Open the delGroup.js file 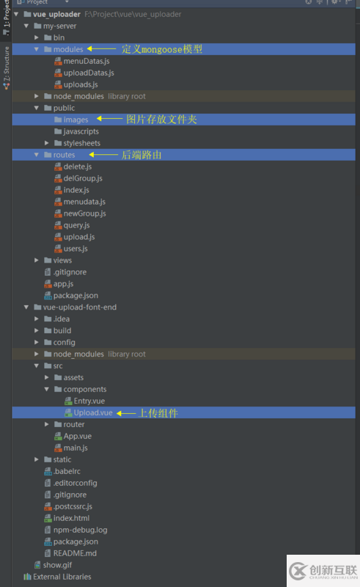[x=82, y=178]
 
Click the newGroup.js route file [x=84, y=214]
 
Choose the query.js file [x=76, y=225]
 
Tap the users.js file [x=76, y=249]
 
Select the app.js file [x=63, y=283]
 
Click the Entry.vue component [x=88, y=401]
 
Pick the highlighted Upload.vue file [x=92, y=413]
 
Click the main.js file [x=76, y=448]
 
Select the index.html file [x=71, y=518]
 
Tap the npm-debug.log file [x=80, y=530]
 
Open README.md [x=75, y=553]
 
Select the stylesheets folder [x=81, y=143]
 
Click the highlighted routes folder [x=64, y=155]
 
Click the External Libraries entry [x=62, y=577]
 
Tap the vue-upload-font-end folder [x=79, y=307]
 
